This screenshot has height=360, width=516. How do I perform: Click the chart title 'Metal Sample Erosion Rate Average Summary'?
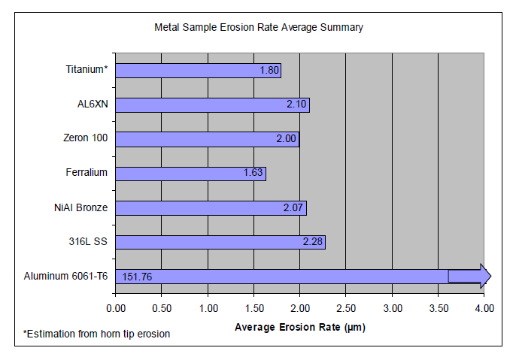coord(259,28)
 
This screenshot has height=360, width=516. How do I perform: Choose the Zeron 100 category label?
coord(86,138)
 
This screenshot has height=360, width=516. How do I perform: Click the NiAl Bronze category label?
coord(80,207)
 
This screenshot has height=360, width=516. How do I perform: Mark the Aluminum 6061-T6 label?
coord(65,276)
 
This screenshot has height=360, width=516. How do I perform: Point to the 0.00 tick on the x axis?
coord(116,308)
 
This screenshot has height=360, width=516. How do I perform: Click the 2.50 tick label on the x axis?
coord(345,308)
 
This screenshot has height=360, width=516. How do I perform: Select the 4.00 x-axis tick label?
coord(484,308)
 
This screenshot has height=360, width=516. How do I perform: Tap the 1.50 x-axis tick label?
coord(253,308)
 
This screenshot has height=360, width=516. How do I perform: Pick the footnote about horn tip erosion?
coord(96,333)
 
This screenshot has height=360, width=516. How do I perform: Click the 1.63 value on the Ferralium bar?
coord(253,174)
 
